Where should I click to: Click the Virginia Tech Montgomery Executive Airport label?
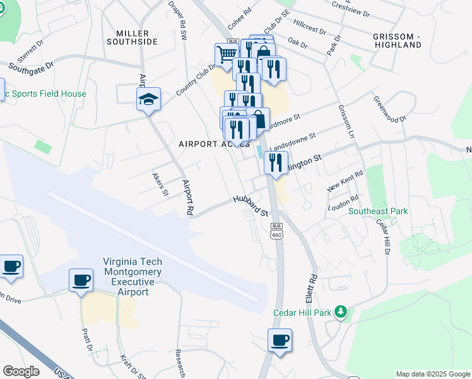point(133,277)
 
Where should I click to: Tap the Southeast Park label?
point(378,211)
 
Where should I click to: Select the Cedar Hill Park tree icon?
point(341,311)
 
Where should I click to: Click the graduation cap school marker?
point(149,99)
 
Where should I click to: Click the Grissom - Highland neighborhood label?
point(397,40)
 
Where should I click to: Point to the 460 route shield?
point(276,235)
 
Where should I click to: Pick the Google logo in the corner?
point(21,371)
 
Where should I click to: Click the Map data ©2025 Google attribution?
point(432,374)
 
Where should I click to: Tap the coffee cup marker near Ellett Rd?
point(280,340)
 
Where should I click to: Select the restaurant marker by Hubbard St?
point(275,163)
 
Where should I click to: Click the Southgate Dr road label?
point(31,64)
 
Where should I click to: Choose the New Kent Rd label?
point(346,181)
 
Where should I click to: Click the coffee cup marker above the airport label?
point(81,280)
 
